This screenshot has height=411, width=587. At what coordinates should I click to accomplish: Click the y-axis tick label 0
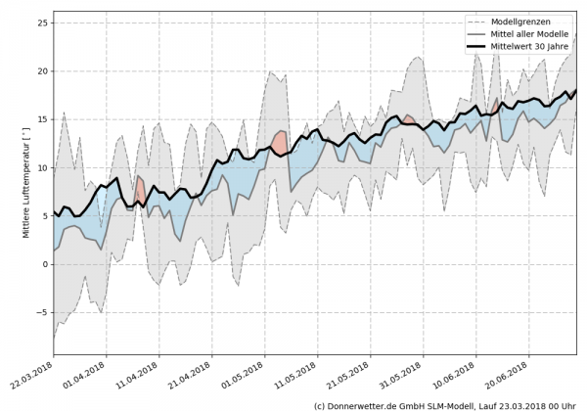pos(44,264)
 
